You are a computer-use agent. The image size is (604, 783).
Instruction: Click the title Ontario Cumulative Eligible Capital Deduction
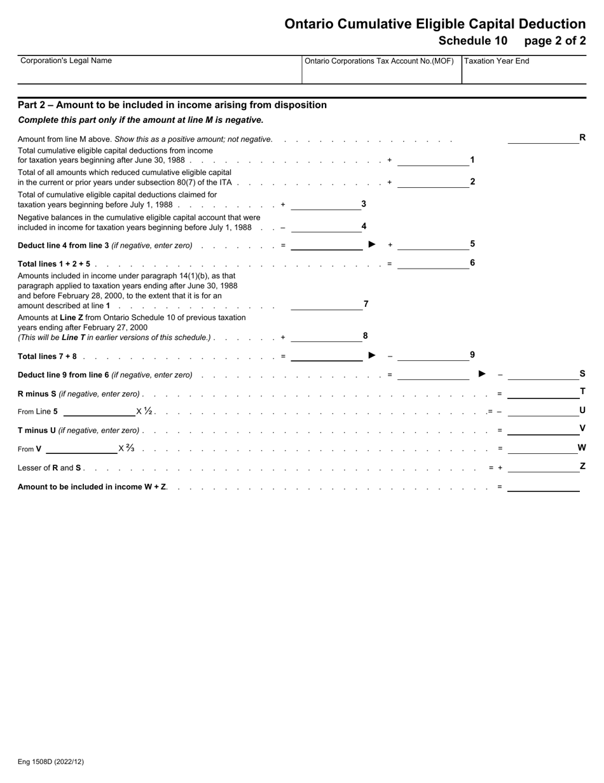(x=435, y=24)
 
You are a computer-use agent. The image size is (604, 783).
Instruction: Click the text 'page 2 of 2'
(x=554, y=41)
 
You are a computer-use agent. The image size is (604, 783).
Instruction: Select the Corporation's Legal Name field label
(x=66, y=61)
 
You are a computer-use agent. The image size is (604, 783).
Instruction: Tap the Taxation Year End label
(x=497, y=62)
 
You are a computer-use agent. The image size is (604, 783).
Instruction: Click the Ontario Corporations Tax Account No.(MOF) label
(x=379, y=62)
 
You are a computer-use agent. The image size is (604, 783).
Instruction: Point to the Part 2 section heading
(x=172, y=105)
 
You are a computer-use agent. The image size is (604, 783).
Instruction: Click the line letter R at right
(x=582, y=137)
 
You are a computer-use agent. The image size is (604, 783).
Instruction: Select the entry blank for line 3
(x=326, y=205)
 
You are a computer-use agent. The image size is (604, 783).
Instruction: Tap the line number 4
(x=364, y=226)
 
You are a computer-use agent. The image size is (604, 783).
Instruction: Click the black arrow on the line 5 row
(x=373, y=244)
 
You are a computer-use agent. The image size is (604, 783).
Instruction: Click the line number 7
(x=366, y=304)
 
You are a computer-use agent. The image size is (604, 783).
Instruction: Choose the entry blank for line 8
(x=326, y=337)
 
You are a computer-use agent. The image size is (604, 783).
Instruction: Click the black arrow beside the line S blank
(x=482, y=374)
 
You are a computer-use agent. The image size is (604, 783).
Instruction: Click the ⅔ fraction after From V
(x=130, y=448)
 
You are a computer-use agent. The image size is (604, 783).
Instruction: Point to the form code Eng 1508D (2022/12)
(x=51, y=761)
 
